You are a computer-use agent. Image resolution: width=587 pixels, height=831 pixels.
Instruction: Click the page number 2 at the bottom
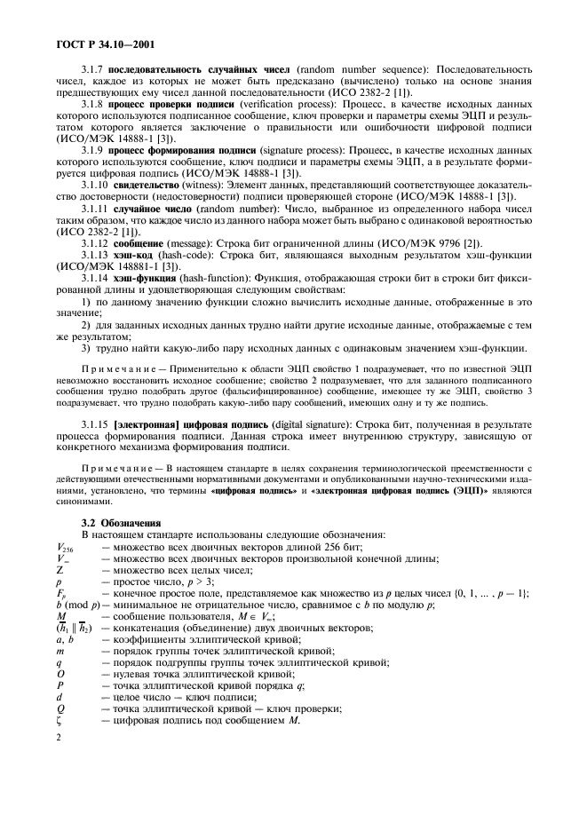[59, 737]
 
